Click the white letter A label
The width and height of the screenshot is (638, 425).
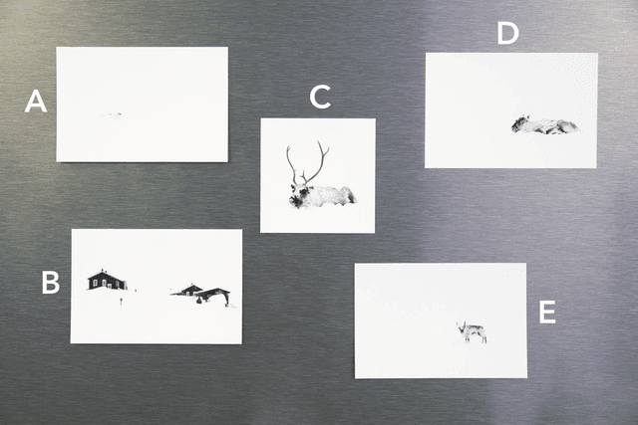click(36, 102)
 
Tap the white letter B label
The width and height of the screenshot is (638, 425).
click(51, 282)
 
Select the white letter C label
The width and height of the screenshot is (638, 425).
click(320, 97)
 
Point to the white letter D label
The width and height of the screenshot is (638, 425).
click(507, 33)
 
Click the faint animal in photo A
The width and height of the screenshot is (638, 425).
click(111, 115)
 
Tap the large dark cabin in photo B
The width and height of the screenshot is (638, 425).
click(107, 280)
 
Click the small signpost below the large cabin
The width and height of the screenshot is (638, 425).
click(121, 301)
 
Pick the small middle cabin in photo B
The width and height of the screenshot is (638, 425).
click(188, 290)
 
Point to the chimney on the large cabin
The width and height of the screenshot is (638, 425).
click(102, 270)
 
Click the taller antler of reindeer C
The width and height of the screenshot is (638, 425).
click(316, 162)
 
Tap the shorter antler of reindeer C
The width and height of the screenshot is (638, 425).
click(293, 166)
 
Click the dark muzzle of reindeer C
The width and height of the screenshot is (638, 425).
click(296, 200)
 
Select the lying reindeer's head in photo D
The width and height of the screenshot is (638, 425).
click(519, 123)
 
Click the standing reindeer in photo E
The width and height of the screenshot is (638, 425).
click(472, 332)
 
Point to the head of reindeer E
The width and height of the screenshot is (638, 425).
click(463, 327)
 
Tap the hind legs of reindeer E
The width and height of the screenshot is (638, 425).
click(482, 336)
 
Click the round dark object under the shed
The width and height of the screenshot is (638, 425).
click(199, 301)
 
